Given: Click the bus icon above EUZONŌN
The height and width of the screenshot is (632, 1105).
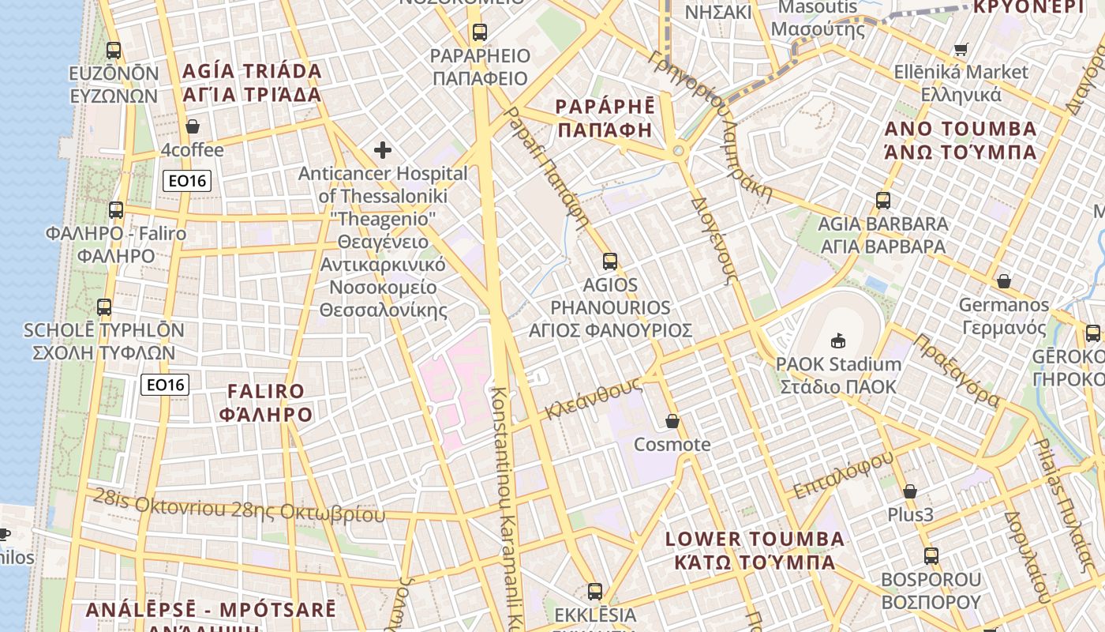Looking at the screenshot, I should coord(114,51).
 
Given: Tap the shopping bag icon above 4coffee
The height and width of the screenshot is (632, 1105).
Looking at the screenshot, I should coord(192,126).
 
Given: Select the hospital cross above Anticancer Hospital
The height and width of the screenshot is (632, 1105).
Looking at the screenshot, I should coord(383,150).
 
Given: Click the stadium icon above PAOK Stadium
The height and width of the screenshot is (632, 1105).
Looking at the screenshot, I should coord(837,341).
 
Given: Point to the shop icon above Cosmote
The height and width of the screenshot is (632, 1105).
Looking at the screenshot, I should coord(672,421).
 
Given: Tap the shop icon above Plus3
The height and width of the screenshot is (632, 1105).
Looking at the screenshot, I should coord(910,491).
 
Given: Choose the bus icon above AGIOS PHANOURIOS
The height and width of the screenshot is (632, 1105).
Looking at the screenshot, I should coord(609,261).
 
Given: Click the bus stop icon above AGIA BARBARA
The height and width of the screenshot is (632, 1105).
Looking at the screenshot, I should coord(882,201).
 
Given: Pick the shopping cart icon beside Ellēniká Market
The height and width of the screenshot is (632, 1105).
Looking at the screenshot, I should coord(961,50).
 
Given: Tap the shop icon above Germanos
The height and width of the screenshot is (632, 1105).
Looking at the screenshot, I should coord(1004,281).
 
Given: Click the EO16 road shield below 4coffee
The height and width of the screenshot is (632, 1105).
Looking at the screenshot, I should coord(188,181).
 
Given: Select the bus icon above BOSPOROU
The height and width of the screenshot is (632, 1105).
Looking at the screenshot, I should coord(931,556).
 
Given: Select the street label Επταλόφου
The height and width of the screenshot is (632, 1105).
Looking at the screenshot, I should coord(843,475).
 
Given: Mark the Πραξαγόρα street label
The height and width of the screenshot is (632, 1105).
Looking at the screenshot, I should coord(957,371).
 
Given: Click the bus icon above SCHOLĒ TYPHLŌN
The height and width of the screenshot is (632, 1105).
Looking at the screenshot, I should coord(104,307).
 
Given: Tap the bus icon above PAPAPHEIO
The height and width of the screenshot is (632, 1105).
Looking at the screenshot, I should coord(479,32).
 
